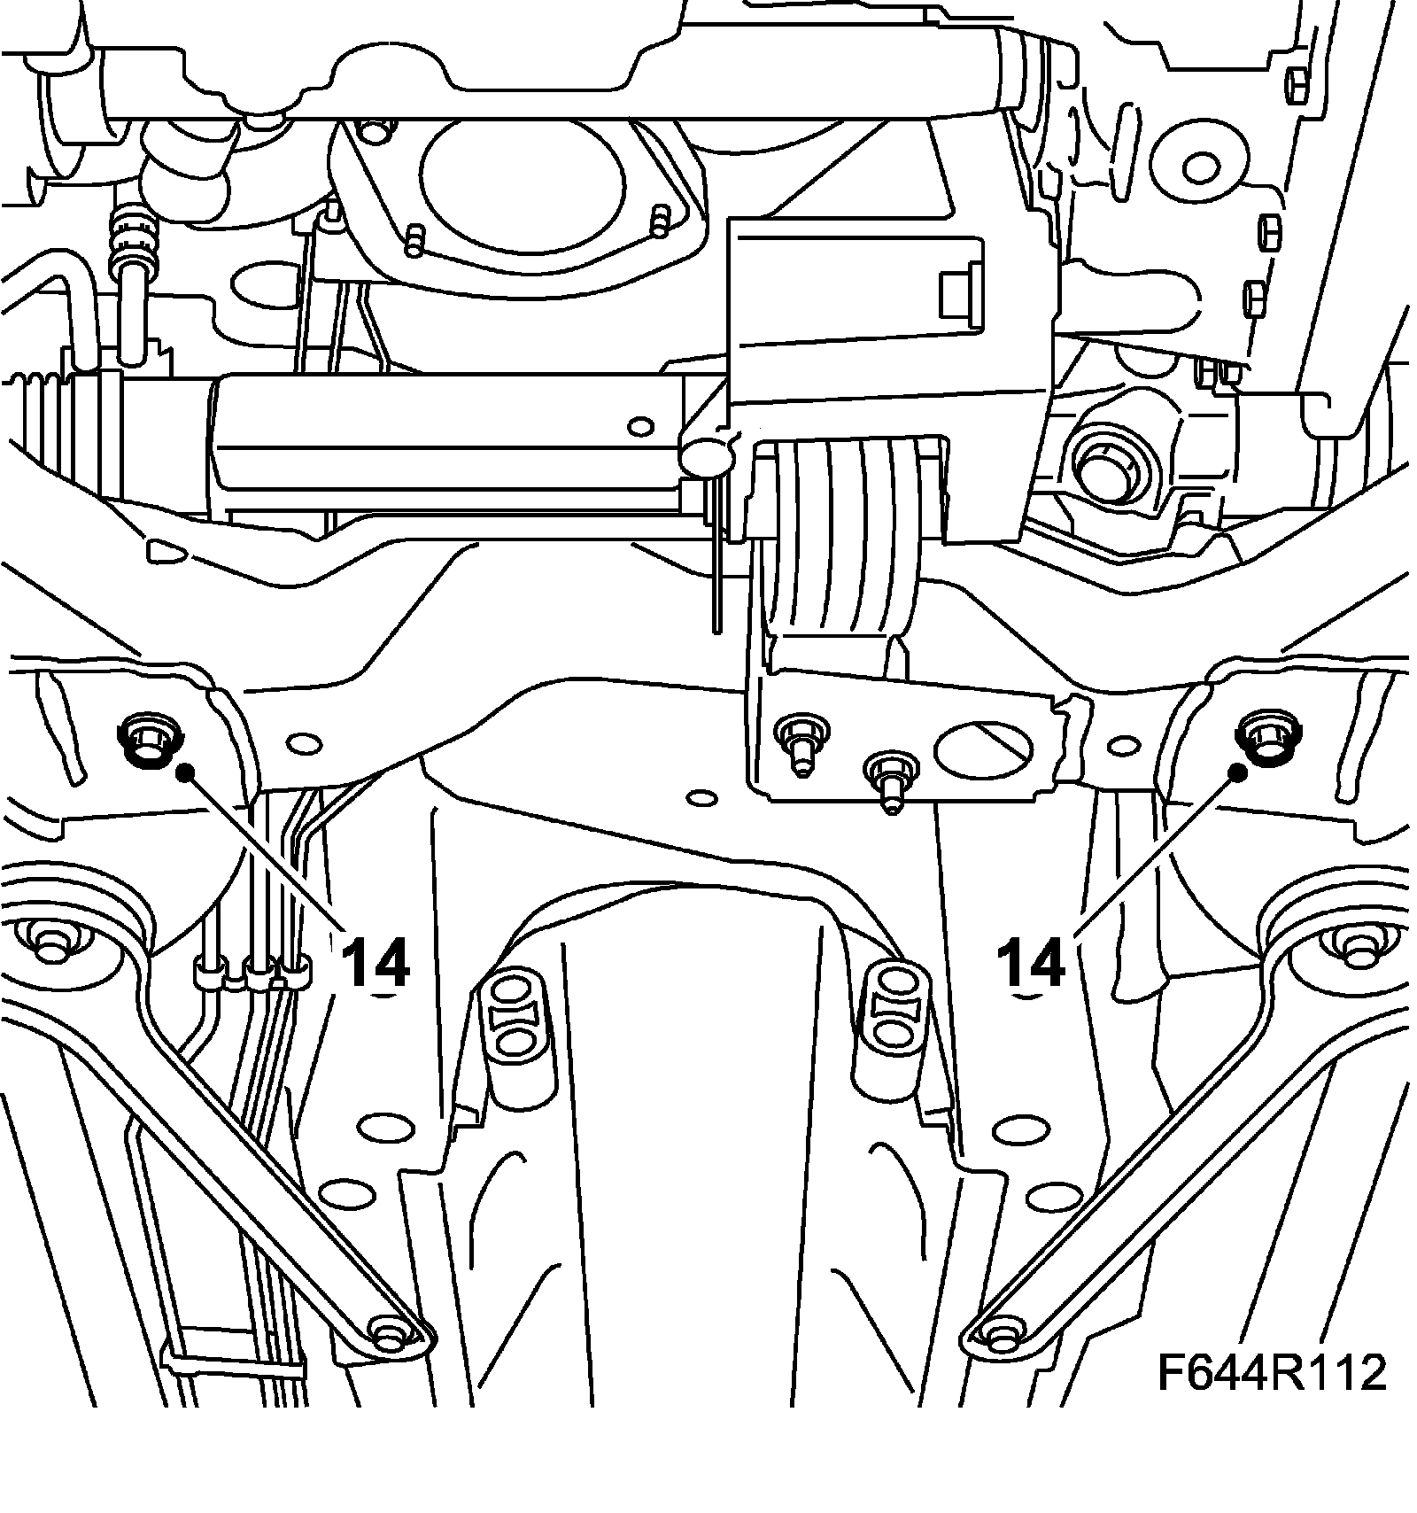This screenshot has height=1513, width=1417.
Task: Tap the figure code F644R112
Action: point(1272,1373)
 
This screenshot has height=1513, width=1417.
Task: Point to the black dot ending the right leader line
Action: point(1238,772)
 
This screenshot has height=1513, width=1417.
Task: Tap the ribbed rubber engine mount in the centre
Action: point(843,540)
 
